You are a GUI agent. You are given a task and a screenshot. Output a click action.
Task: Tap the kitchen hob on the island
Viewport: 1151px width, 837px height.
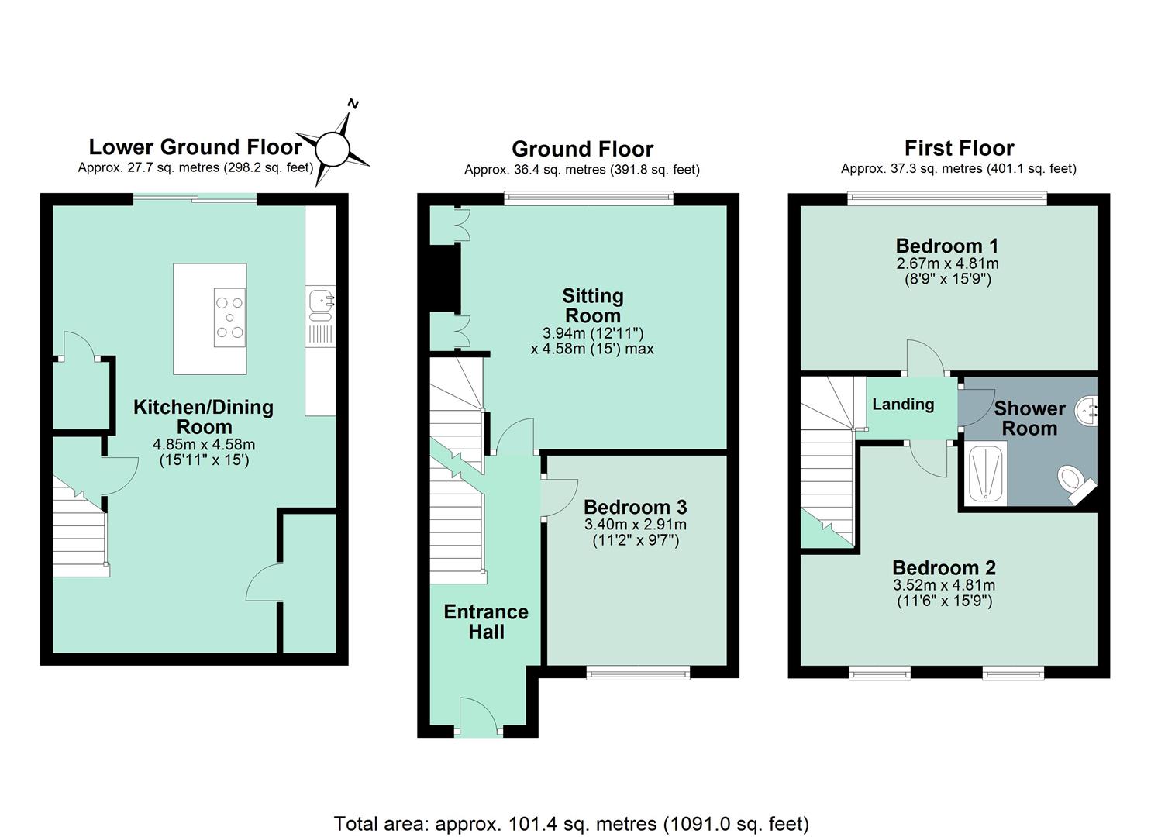pyautogui.click(x=229, y=318)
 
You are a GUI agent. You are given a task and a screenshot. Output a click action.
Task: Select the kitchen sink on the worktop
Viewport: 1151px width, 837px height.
pyautogui.click(x=321, y=306)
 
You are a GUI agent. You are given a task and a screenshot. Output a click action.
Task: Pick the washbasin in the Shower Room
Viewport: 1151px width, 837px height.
pyautogui.click(x=1086, y=411)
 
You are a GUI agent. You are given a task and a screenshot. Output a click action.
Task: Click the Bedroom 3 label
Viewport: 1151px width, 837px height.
pyautogui.click(x=635, y=507)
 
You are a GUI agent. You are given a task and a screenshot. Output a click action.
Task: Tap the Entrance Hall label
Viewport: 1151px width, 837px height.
pyautogui.click(x=485, y=622)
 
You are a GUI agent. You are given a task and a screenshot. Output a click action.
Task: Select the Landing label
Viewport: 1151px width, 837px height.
pyautogui.click(x=903, y=405)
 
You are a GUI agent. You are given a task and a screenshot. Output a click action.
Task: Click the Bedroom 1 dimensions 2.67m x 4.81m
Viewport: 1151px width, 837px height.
pyautogui.click(x=947, y=263)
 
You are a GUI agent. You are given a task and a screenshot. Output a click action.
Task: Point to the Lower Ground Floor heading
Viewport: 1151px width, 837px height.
pyautogui.click(x=195, y=147)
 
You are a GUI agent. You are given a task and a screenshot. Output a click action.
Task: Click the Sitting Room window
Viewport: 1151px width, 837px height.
pyautogui.click(x=588, y=199)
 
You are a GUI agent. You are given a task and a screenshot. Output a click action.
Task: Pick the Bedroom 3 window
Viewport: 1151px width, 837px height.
pyautogui.click(x=638, y=672)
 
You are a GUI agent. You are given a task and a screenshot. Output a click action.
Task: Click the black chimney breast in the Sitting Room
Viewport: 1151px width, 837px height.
pyautogui.click(x=444, y=277)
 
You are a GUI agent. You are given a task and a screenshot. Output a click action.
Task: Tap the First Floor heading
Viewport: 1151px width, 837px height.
pyautogui.click(x=959, y=148)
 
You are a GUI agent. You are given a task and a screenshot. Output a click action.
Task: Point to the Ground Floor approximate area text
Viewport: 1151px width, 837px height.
pyautogui.click(x=581, y=170)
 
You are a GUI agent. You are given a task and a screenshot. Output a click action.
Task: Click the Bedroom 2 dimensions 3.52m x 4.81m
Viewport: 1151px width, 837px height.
pyautogui.click(x=944, y=584)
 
